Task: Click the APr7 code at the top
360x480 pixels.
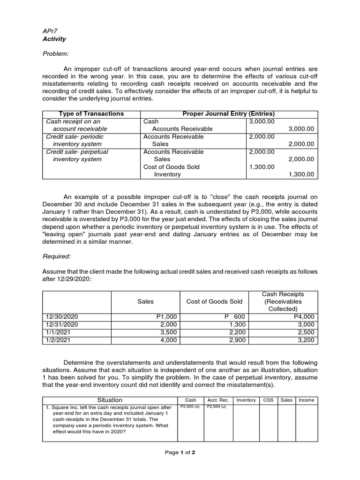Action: point(50,30)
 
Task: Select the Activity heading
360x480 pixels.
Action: point(54,39)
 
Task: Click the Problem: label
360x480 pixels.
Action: point(56,54)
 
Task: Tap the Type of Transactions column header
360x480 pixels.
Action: point(91,114)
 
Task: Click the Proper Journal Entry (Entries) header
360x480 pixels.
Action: point(228,114)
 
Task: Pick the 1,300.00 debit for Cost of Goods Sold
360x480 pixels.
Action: point(261,167)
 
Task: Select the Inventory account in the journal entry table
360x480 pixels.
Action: point(167,174)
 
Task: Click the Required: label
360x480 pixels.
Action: point(57,256)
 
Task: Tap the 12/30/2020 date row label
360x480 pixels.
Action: point(61,317)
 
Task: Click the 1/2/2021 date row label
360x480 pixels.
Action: point(58,340)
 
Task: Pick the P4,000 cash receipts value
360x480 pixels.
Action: point(305,317)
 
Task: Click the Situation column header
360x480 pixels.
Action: point(110,400)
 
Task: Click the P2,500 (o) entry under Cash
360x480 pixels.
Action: point(190,406)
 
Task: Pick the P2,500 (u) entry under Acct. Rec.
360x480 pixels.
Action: point(217,406)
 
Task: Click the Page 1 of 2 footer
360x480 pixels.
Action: point(180,452)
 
